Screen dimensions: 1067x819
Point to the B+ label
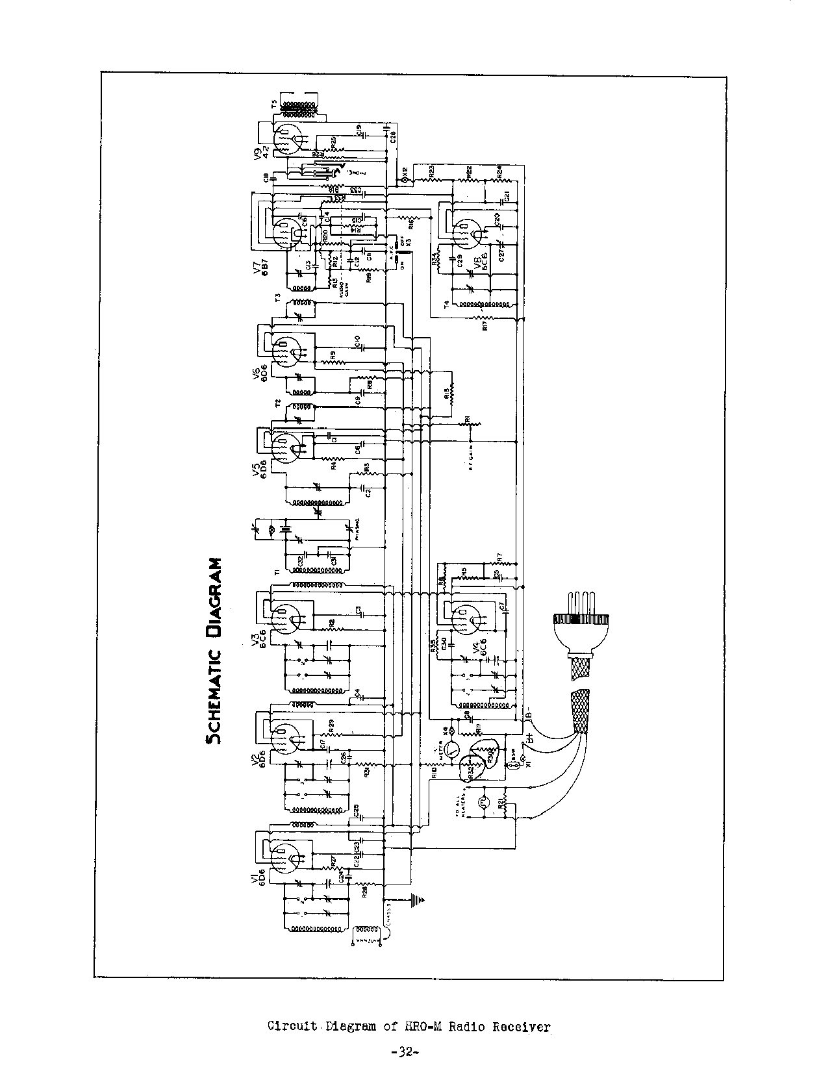point(531,738)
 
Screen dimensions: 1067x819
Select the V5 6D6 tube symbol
point(283,445)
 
